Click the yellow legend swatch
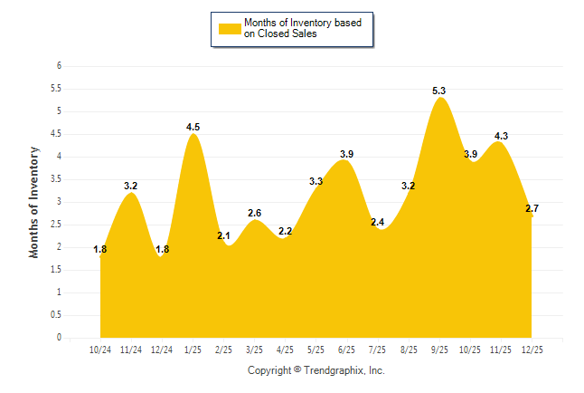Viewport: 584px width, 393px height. point(229,28)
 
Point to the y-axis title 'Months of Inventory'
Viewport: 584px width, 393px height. point(34,202)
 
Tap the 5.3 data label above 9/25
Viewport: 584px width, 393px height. point(439,91)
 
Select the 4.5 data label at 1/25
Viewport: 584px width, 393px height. point(193,127)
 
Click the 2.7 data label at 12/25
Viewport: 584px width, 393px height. point(532,208)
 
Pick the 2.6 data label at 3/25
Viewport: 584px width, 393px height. point(254,213)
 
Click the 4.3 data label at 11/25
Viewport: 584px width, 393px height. point(501,136)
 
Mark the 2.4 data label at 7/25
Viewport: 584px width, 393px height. point(378,222)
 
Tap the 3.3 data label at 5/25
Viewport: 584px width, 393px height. point(316,181)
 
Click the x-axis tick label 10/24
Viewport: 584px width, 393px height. point(100,349)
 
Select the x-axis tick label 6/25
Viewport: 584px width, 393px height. point(346,349)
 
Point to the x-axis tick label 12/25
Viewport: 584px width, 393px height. point(532,349)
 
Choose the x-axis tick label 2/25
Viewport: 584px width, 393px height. point(223,349)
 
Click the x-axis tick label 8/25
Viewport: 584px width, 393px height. point(409,349)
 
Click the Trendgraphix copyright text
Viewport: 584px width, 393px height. point(316,370)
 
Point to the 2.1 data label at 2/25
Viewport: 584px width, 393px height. point(223,235)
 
